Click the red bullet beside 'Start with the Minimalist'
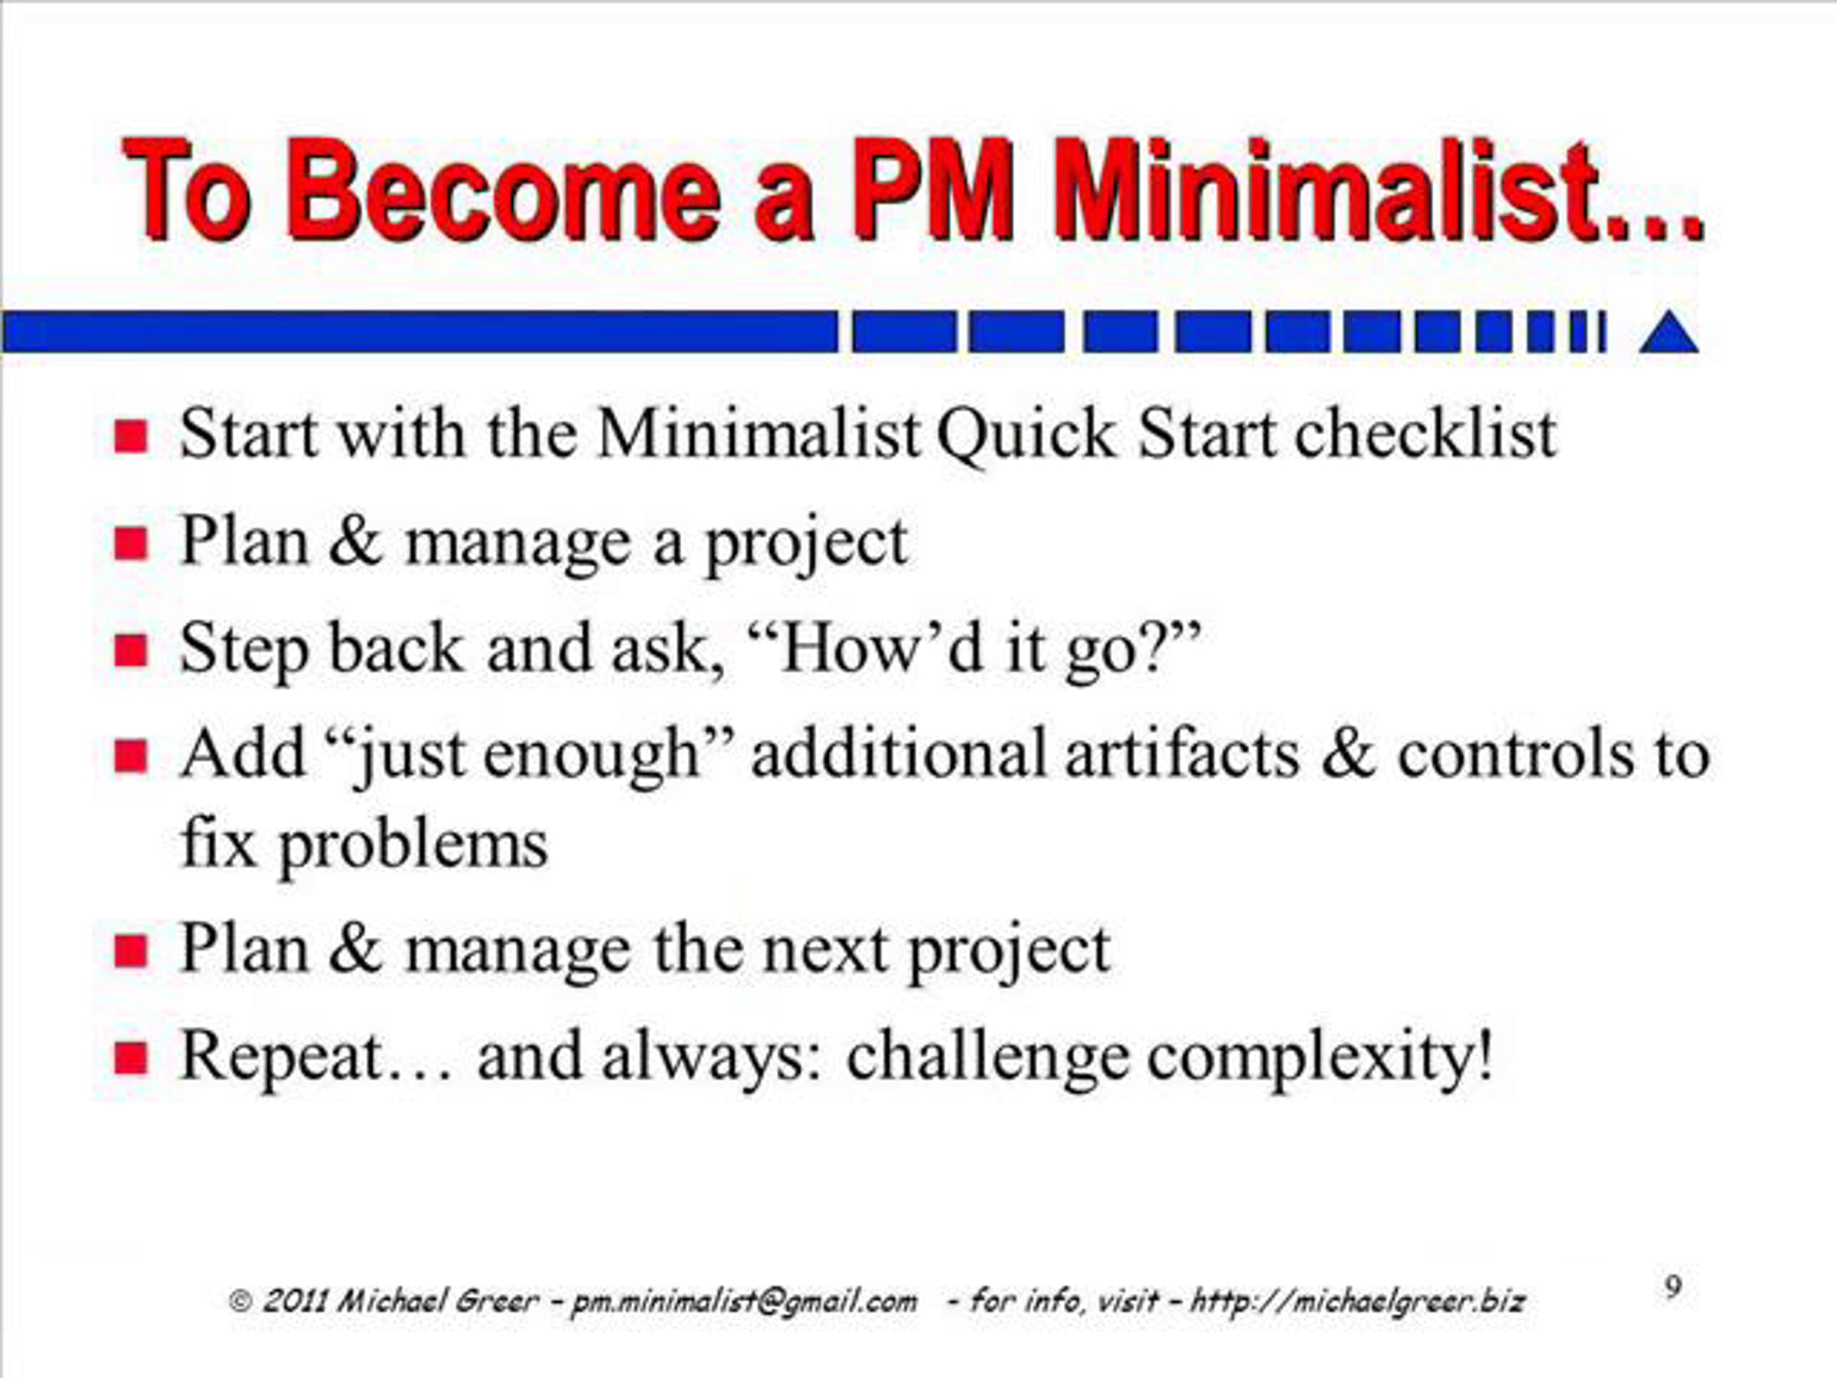click(130, 436)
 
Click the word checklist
click(1425, 433)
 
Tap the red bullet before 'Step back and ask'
click(130, 651)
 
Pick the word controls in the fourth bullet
click(1516, 755)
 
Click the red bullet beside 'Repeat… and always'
click(130, 1059)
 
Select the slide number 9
click(1673, 1287)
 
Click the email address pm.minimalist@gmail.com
click(744, 1301)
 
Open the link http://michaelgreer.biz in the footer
click(1357, 1301)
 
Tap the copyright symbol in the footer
click(240, 1301)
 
